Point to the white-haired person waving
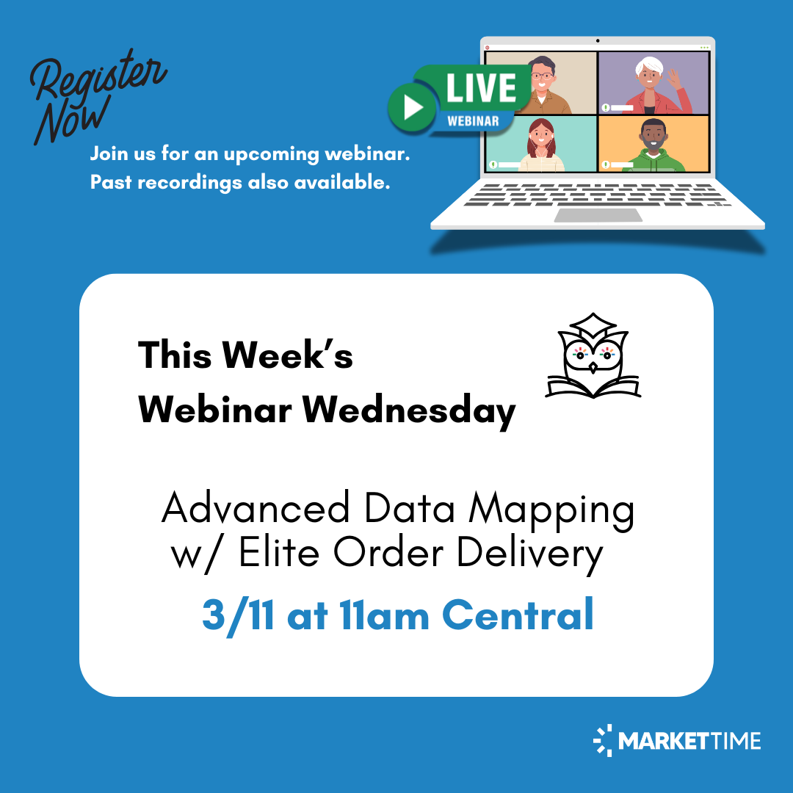[650, 82]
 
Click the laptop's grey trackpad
[598, 215]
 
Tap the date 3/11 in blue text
[239, 615]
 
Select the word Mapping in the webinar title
[551, 510]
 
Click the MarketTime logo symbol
[603, 740]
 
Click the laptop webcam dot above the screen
[598, 40]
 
